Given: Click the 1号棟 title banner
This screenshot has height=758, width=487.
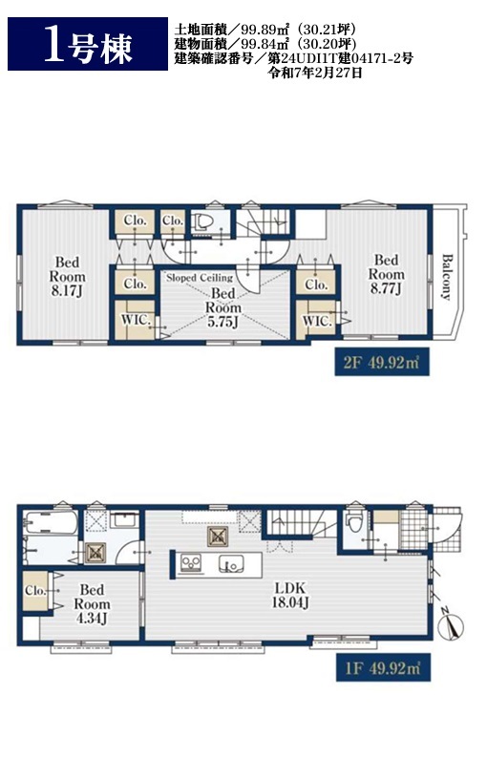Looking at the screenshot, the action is (88, 44).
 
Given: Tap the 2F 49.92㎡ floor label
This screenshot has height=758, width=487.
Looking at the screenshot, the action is (382, 362).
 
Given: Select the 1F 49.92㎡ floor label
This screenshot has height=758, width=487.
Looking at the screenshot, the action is (383, 668).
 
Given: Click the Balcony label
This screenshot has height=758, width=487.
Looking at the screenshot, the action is (446, 277).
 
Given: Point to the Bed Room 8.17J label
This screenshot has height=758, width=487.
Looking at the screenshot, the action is (67, 277).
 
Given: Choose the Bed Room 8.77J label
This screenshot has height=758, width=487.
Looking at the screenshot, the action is (386, 275).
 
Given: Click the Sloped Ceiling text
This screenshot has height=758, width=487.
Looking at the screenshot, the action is (200, 278).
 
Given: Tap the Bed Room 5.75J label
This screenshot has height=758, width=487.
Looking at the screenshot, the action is (222, 308).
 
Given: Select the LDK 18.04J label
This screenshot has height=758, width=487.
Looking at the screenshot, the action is (290, 596).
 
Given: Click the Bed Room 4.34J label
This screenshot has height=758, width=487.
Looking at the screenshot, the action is (92, 604).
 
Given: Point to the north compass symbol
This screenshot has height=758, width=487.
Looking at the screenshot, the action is (451, 626).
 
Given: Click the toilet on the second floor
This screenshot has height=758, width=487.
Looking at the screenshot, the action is (203, 221).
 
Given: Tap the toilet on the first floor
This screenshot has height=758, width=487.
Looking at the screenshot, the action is (354, 521).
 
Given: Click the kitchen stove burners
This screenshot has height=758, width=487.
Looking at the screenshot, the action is (191, 563).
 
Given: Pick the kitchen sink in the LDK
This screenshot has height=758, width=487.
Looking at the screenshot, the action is (231, 563).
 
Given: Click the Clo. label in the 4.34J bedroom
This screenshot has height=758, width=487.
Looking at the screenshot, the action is (35, 591).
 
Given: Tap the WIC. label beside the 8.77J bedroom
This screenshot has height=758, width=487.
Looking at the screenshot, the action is (317, 320).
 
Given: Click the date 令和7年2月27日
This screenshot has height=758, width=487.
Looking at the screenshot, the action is (315, 74).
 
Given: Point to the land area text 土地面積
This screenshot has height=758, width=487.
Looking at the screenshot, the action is (194, 30).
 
